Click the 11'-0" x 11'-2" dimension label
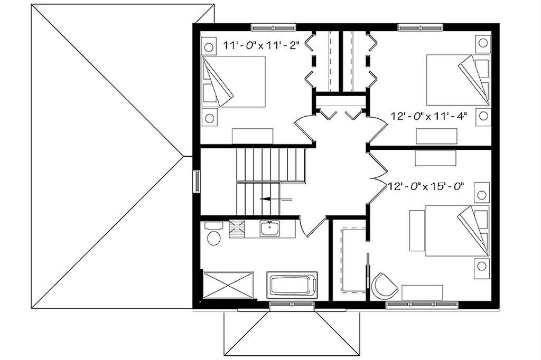click(x=260, y=45)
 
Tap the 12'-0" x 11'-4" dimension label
click(x=429, y=116)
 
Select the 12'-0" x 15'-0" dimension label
click(x=425, y=186)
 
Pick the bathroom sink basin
click(x=270, y=229)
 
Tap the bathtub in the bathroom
click(x=292, y=285)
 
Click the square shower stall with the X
click(x=228, y=285)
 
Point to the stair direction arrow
click(x=276, y=199)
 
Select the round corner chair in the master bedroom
click(x=384, y=286)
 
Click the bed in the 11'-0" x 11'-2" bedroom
click(x=233, y=81)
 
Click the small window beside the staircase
click(x=197, y=182)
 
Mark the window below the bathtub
click(x=292, y=304)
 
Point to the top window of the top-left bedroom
click(x=273, y=26)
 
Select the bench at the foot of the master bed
click(x=417, y=231)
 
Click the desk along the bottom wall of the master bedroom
click(x=422, y=293)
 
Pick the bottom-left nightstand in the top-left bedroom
click(x=209, y=118)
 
